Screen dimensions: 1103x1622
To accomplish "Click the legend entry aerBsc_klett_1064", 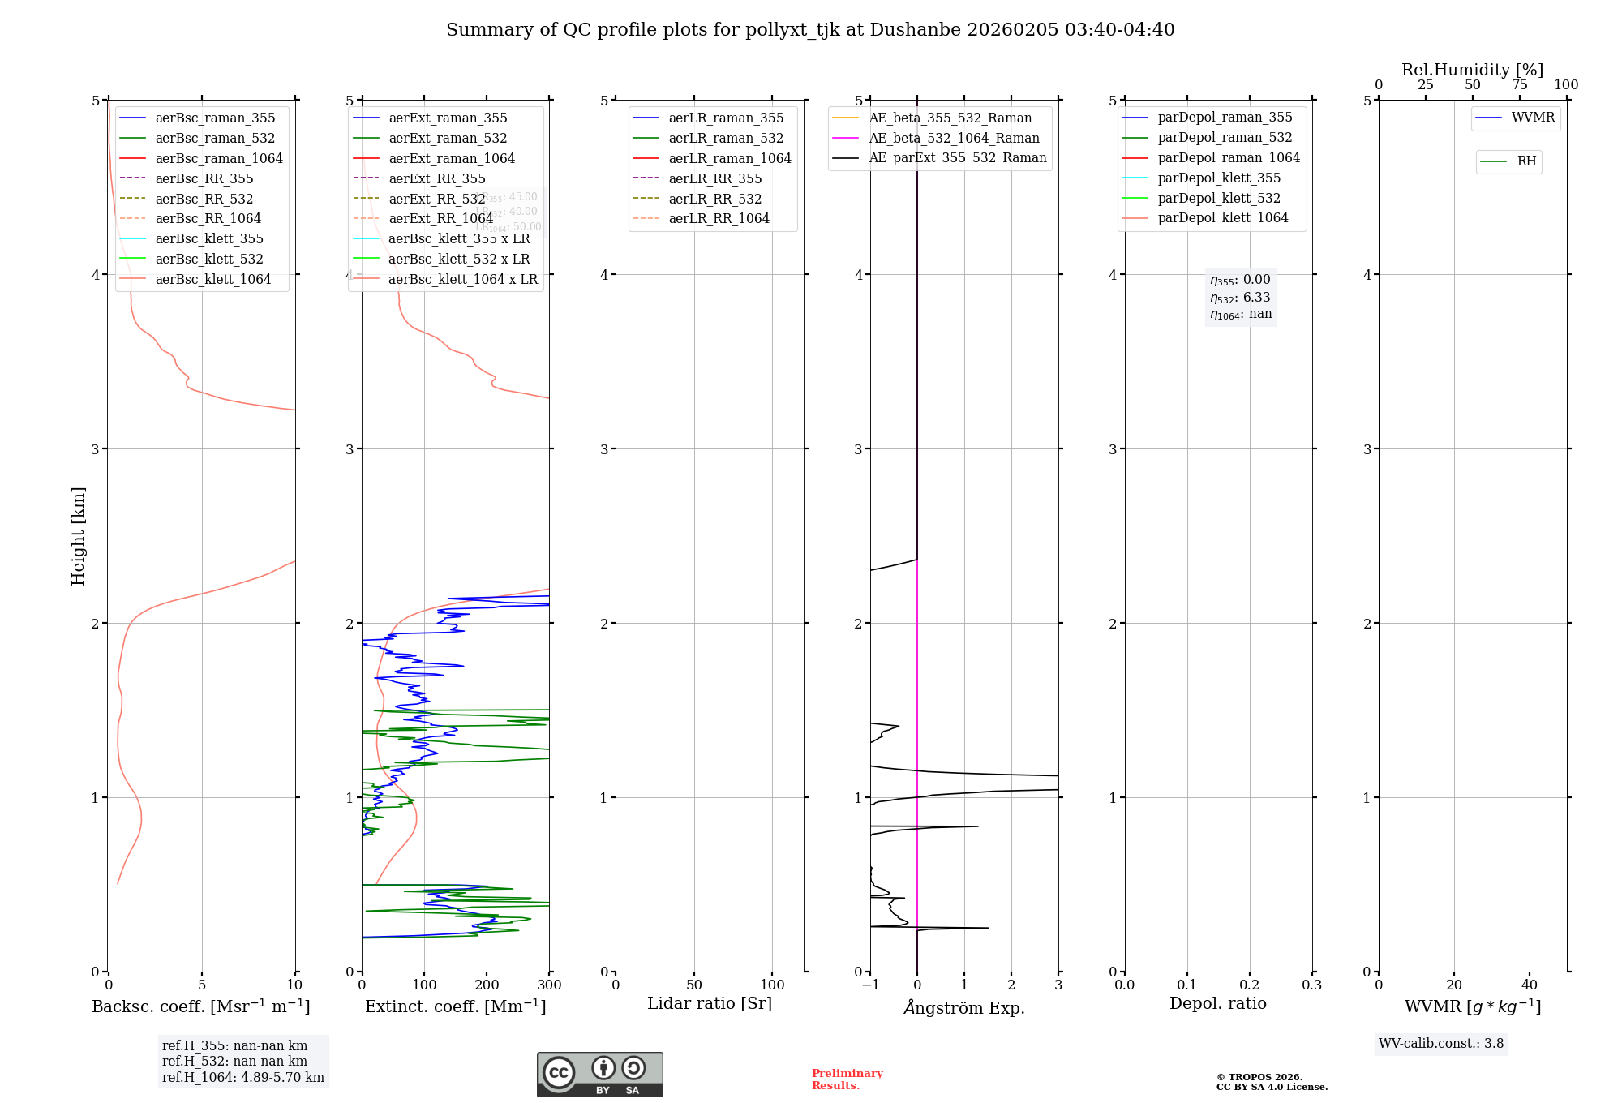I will tap(212, 280).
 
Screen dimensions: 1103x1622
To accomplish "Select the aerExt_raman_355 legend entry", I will tap(448, 118).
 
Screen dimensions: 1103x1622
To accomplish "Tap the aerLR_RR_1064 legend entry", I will tap(719, 219).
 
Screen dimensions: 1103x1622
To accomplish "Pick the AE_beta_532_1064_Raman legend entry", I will tap(954, 139).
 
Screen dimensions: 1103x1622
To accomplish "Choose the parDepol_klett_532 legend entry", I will tap(1218, 199).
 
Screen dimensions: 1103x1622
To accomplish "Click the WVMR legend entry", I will tap(1533, 118).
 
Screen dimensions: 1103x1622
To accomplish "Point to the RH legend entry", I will tap(1526, 161).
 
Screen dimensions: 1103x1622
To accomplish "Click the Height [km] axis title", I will tap(78, 536).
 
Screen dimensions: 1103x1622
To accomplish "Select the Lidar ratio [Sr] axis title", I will tap(710, 1003).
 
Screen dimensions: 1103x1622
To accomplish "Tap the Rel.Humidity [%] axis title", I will tap(1472, 70).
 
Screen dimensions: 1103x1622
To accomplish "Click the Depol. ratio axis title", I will tap(1217, 1003).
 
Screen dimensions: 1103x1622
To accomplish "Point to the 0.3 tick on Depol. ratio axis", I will tap(1311, 985).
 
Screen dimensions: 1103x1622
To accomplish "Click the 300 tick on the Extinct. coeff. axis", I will tap(549, 985).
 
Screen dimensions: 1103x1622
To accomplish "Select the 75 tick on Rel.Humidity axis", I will tap(1519, 85).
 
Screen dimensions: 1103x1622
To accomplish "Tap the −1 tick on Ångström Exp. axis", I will tap(870, 985).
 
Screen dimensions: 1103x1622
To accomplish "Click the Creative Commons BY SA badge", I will tap(599, 1074).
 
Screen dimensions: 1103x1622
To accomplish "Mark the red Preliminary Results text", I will tap(847, 1079).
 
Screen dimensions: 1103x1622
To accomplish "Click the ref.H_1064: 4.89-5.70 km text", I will tap(242, 1078).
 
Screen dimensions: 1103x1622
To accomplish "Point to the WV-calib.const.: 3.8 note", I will tap(1440, 1044).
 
